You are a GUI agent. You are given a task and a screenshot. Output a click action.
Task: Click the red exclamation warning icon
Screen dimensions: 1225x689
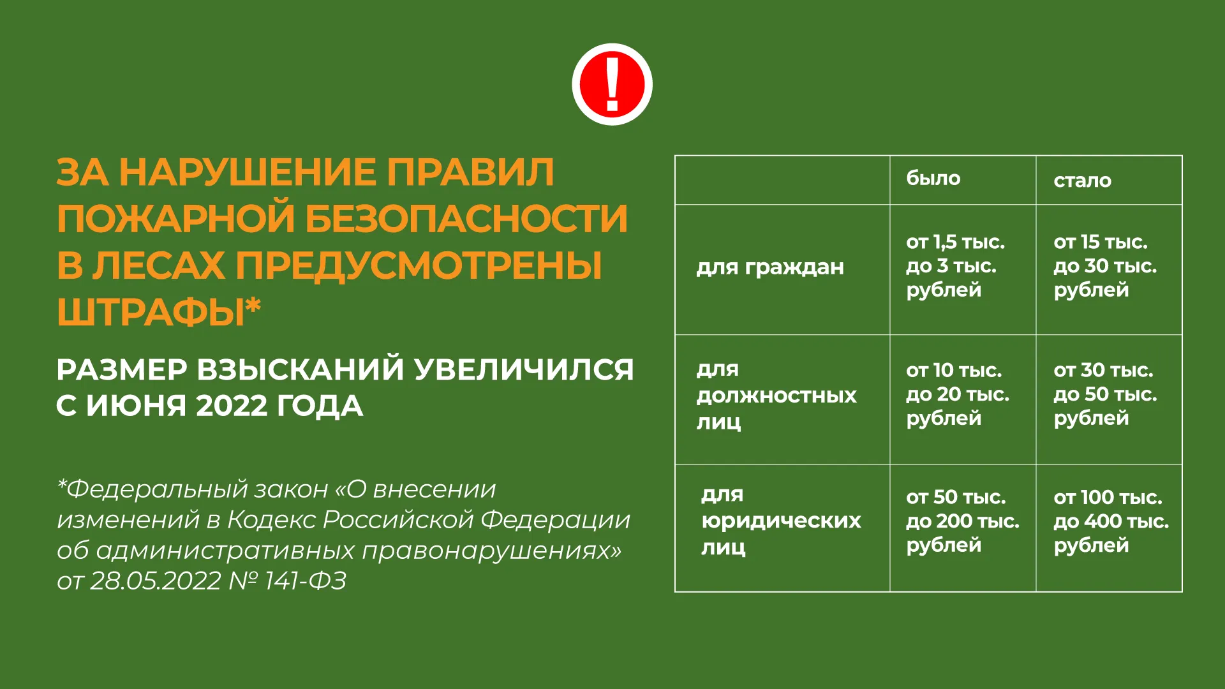pos(612,84)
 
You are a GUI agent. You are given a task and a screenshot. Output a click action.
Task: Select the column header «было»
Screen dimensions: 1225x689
pos(933,178)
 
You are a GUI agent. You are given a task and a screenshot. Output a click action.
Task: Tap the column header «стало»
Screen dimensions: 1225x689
pos(1082,181)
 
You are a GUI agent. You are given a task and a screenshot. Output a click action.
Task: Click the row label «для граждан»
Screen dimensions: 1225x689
pos(770,267)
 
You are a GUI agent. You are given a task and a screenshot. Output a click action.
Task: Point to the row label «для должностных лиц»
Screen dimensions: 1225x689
pos(776,396)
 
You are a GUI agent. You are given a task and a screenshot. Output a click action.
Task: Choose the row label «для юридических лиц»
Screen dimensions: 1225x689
pos(781,521)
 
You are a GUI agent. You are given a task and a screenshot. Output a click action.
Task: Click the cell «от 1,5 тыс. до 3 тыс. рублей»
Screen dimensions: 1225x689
pos(956,266)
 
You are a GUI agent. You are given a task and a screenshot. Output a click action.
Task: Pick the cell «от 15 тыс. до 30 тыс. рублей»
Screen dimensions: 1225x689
pos(1105,266)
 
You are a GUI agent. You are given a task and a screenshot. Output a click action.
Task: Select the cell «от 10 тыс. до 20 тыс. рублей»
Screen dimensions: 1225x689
pos(958,394)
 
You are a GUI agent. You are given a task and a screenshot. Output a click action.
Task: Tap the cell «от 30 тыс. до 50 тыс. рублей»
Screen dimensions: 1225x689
pos(1105,394)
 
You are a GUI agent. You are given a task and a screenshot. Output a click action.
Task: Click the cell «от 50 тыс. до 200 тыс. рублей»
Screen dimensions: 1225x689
pos(963,521)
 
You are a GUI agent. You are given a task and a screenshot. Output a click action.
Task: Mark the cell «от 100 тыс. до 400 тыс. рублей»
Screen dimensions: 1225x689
pos(1111,521)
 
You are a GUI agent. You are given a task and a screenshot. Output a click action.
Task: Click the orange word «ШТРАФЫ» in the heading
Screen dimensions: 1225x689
pos(151,313)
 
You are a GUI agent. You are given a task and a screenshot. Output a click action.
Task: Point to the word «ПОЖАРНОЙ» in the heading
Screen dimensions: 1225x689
pos(175,218)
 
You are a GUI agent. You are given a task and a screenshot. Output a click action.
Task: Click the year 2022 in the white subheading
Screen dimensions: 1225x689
pos(232,406)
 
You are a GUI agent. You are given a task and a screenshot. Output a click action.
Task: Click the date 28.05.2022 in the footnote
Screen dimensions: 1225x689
pos(155,581)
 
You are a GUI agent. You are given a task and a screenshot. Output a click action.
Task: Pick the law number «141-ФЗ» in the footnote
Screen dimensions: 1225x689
pos(306,581)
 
